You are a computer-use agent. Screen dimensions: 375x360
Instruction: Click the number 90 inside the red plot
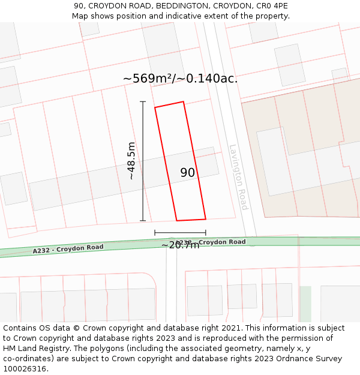(188, 173)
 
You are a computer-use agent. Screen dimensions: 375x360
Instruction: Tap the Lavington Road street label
(238, 177)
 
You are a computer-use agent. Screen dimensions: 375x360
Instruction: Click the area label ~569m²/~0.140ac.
(180, 79)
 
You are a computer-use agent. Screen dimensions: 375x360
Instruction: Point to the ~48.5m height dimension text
(131, 161)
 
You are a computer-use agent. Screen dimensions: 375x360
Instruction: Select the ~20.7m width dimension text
(180, 245)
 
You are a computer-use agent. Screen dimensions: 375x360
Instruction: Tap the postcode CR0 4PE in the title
(272, 6)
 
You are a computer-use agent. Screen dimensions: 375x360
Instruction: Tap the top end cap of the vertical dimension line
(143, 102)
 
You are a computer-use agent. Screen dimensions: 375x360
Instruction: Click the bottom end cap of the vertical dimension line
(143, 221)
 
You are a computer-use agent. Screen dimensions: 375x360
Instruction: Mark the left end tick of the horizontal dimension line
(155, 232)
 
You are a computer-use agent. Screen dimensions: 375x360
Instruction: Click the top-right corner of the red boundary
(183, 102)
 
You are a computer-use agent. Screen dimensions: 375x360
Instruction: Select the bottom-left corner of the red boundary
(176, 220)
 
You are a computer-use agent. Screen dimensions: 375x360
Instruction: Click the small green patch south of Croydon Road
(305, 303)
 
